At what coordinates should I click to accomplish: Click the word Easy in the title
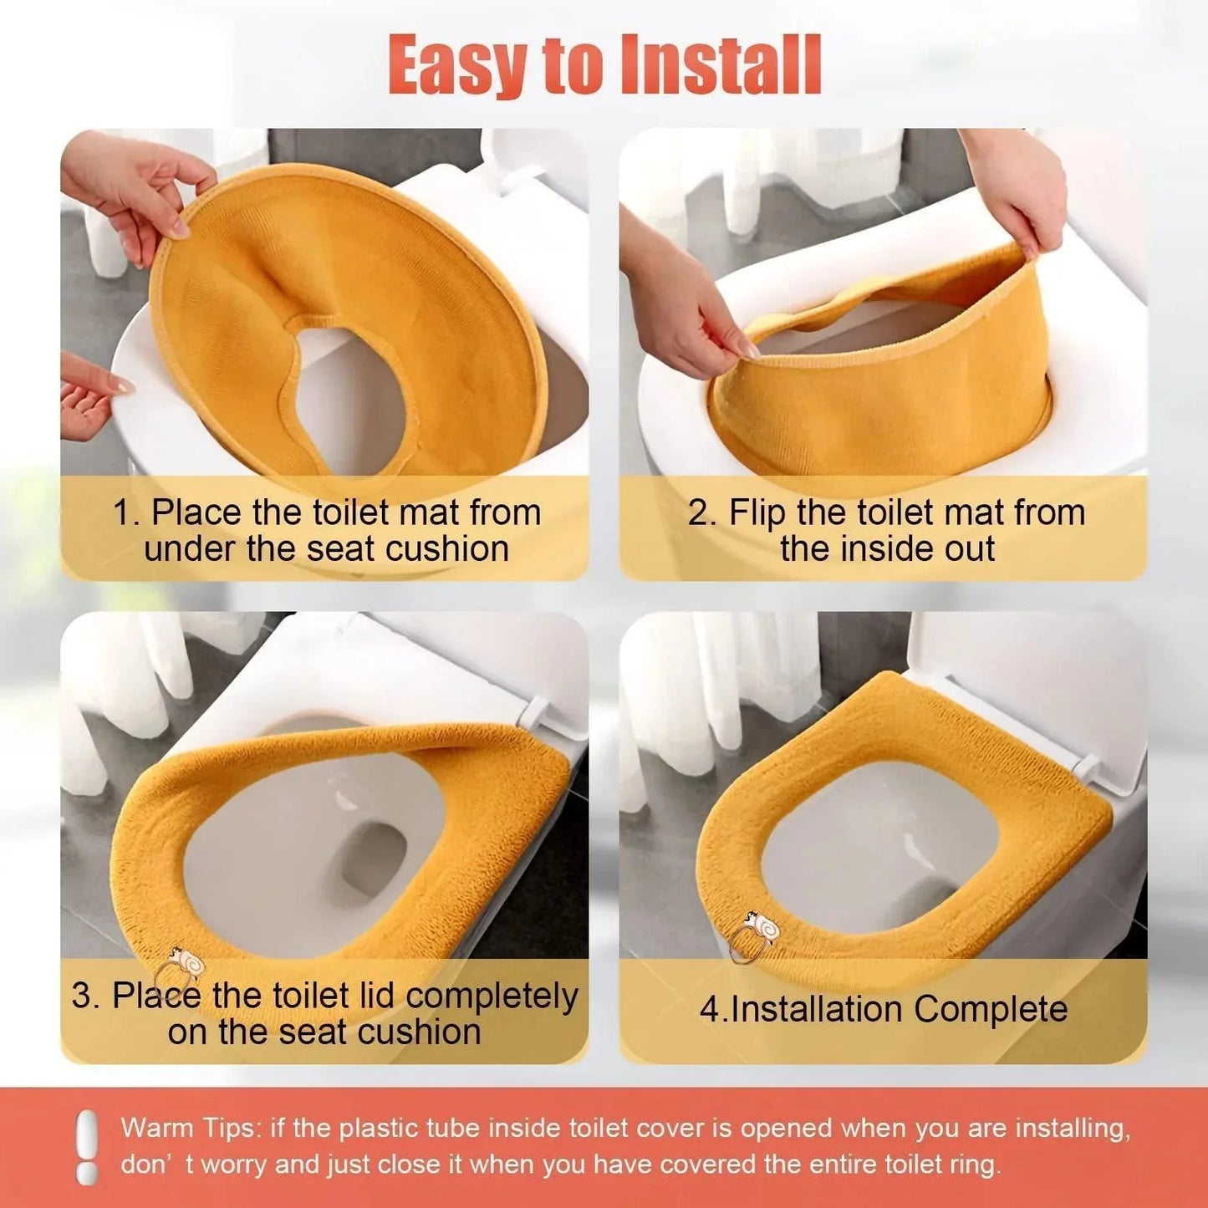tap(458, 65)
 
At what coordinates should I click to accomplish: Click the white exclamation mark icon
tap(86, 1147)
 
